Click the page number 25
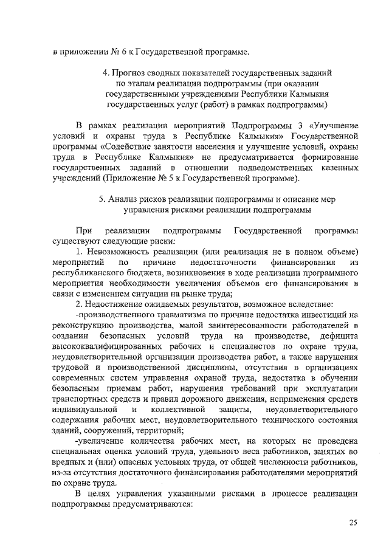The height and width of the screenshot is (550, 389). pyautogui.click(x=353, y=523)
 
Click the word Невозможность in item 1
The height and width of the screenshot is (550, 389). pyautogui.click(x=122, y=251)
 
